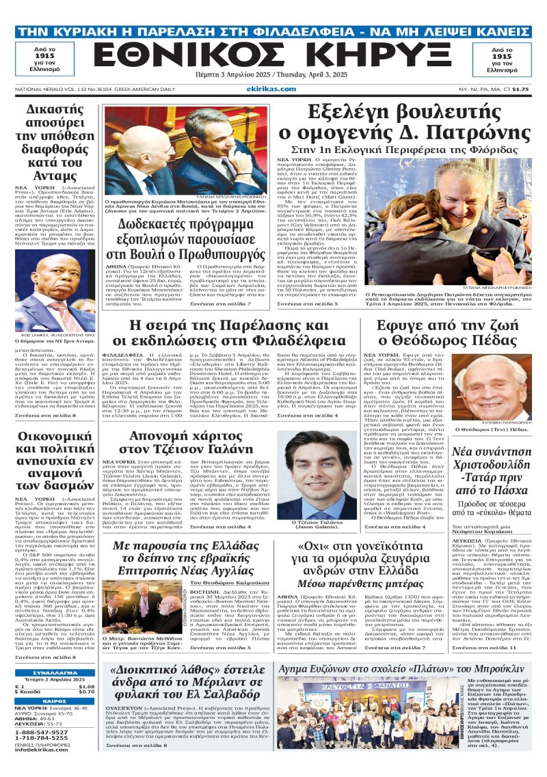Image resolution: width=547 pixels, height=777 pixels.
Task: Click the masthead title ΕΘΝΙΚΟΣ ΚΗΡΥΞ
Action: coord(273,53)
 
